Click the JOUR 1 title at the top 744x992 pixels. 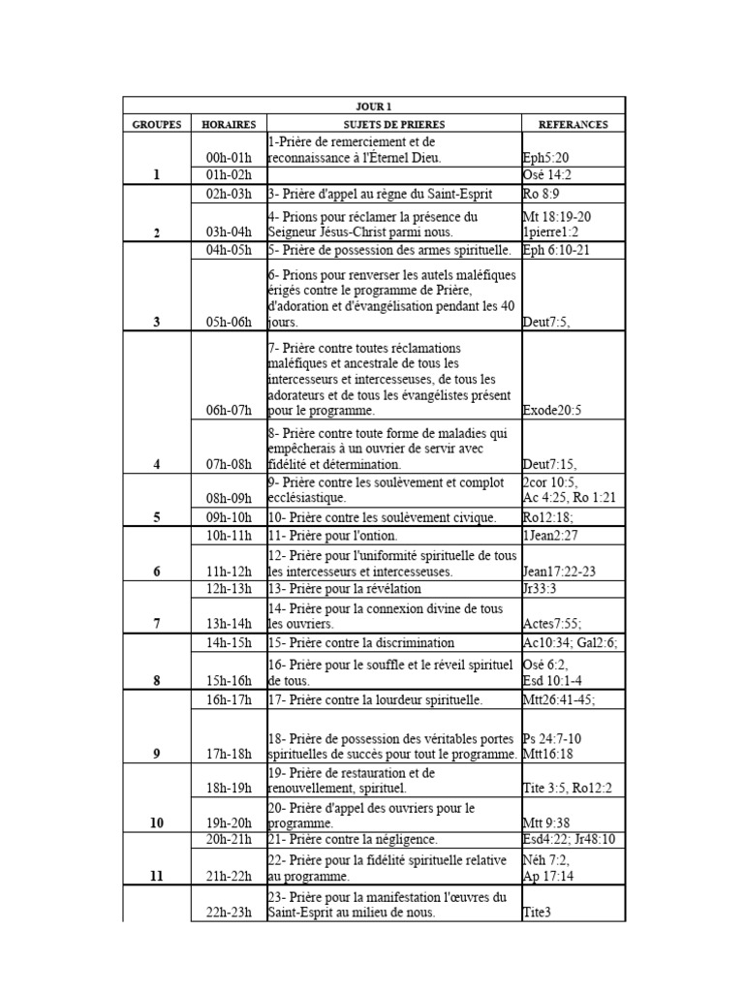coord(374,107)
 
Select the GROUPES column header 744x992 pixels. coord(156,124)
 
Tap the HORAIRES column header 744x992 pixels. coord(229,124)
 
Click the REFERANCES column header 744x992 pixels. coord(573,124)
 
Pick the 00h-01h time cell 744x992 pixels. coord(229,158)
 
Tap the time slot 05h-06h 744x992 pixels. coord(229,323)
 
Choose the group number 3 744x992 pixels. coord(156,323)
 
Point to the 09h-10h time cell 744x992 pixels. coord(229,518)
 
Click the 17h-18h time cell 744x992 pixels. coord(229,753)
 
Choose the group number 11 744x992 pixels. coord(156,877)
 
